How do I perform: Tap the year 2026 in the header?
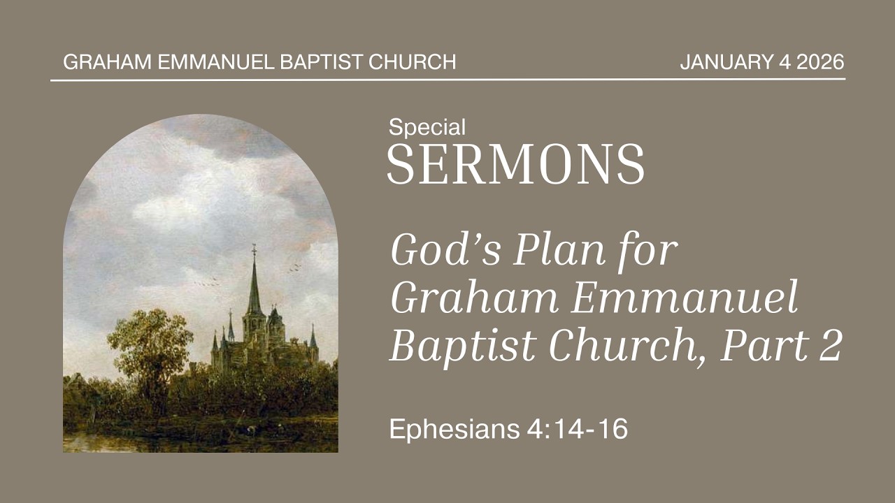pos(820,62)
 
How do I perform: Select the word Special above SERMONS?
pos(427,128)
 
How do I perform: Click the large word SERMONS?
pos(516,164)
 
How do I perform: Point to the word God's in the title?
pos(446,250)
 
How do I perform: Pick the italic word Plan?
pos(559,250)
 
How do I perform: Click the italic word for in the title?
pos(647,251)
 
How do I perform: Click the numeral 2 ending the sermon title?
pos(831,346)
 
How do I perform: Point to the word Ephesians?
pos(454,430)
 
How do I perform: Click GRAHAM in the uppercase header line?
pos(107,62)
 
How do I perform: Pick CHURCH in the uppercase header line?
pos(413,62)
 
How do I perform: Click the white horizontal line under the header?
pos(447,80)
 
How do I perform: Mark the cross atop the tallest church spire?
pos(254,250)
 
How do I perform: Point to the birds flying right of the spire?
pos(295,268)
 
